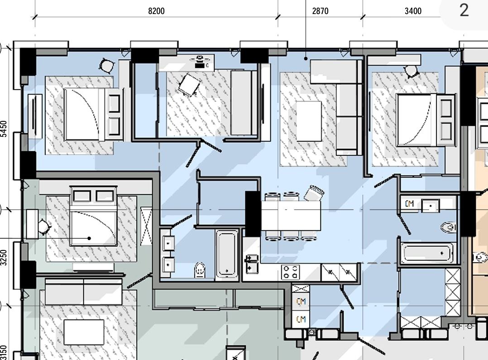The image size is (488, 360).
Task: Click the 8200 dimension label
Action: pyautogui.click(x=156, y=11)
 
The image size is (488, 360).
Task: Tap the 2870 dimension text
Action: pyautogui.click(x=320, y=11)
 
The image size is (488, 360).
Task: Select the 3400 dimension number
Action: pyautogui.click(x=413, y=11)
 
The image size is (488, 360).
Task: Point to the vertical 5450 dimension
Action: pyautogui.click(x=4, y=129)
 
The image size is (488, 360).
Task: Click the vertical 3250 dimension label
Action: pyautogui.click(x=4, y=258)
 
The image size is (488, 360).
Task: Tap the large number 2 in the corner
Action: pyautogui.click(x=464, y=10)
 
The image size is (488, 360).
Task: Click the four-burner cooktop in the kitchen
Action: pyautogui.click(x=290, y=272)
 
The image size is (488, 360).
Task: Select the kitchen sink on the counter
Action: pyautogui.click(x=252, y=264)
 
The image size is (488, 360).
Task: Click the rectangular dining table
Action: pyautogui.click(x=291, y=216)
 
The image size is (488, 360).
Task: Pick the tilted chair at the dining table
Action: pyautogui.click(x=314, y=193)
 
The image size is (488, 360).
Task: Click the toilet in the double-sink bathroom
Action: pyautogui.click(x=200, y=270)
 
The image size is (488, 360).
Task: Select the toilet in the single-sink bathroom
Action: pyautogui.click(x=449, y=227)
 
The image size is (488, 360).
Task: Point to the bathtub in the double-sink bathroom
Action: pyautogui.click(x=227, y=254)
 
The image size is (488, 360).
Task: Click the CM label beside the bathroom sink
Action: pyautogui.click(x=409, y=204)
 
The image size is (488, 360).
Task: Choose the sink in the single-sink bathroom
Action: pyautogui.click(x=431, y=206)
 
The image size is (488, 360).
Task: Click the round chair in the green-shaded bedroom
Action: pyautogui.click(x=43, y=226)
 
